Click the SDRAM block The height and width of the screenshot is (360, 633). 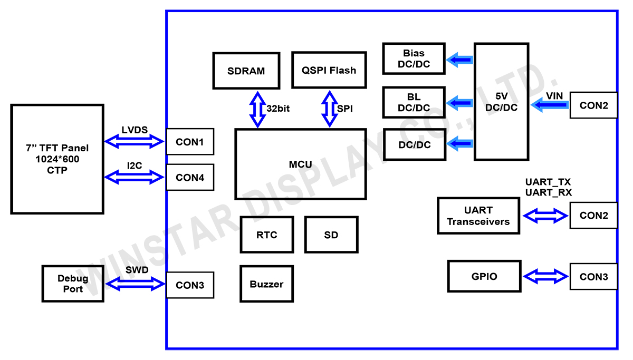246,71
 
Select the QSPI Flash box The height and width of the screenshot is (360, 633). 329,70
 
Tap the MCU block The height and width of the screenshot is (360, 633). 300,164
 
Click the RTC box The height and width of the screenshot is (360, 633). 266,235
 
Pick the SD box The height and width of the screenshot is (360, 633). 331,235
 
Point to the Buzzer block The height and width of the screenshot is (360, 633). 266,284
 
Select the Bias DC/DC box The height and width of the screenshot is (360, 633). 414,59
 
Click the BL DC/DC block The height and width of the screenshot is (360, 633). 414,103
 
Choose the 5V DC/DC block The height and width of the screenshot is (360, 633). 501,102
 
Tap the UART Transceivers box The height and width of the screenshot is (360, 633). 478,216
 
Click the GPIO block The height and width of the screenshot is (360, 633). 484,276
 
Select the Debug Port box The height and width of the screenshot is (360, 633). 73,284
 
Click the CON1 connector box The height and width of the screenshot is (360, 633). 190,142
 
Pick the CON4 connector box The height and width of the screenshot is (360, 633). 190,178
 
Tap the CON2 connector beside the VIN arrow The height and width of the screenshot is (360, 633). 593,105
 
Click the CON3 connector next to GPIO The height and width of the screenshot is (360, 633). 593,277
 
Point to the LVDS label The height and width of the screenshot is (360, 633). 135,130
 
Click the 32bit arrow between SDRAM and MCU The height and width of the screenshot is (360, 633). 258,109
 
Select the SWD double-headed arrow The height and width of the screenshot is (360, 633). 136,285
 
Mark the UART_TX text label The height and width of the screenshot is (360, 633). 548,182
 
